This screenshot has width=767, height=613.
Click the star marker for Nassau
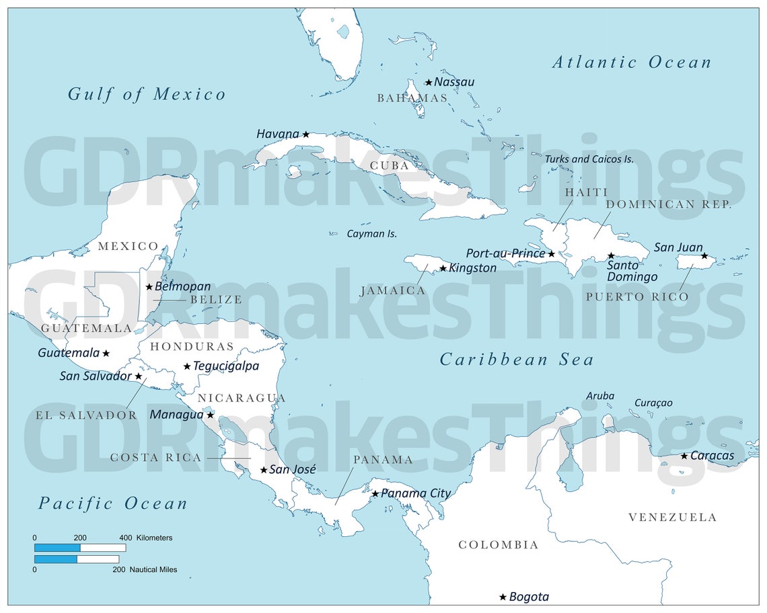[429, 83]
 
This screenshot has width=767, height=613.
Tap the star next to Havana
[305, 134]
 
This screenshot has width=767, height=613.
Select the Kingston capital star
[443, 269]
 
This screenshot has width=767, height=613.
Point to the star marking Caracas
[684, 456]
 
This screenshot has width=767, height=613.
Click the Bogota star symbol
[503, 597]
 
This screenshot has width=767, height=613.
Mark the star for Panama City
[375, 494]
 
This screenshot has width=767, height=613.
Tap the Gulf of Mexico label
[147, 94]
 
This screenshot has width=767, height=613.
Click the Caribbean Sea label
[516, 360]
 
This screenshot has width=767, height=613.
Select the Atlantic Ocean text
[631, 63]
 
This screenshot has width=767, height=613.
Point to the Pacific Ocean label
[112, 503]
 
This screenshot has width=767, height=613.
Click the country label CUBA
[389, 165]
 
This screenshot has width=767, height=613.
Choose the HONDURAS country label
[192, 347]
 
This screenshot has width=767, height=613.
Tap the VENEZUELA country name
[672, 517]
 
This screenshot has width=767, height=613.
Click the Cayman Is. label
[371, 234]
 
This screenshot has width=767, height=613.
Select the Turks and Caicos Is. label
[589, 159]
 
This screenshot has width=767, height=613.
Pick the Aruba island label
[599, 396]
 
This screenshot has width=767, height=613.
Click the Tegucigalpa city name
[225, 366]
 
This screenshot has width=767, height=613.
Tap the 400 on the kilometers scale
[125, 538]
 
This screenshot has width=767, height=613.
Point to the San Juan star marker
[704, 256]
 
